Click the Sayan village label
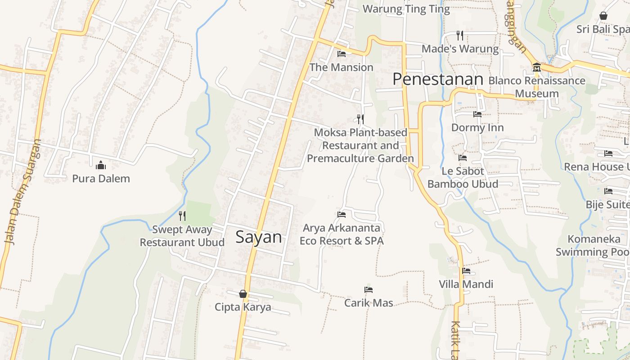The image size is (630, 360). point(259,237)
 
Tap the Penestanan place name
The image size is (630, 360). point(438,79)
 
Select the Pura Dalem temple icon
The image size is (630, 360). point(101,165)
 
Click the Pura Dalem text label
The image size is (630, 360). point(101,179)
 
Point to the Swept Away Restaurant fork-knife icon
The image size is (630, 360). point(182,216)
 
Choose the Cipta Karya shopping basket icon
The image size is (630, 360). point(243,294)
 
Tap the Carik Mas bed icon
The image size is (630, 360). point(369,290)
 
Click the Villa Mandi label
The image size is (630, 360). point(466,284)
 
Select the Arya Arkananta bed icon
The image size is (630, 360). point(342,215)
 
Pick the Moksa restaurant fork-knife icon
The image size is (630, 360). point(360,119)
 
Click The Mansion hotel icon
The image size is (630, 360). point(342,54)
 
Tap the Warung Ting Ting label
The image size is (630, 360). point(406,9)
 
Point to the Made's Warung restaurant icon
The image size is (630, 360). point(459,35)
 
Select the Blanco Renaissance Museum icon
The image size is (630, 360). point(536,67)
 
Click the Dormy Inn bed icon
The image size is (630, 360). point(477,114)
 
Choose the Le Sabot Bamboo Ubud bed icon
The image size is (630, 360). point(463,158)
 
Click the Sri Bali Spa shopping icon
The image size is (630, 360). point(603,16)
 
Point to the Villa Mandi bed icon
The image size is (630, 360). point(466,271)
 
